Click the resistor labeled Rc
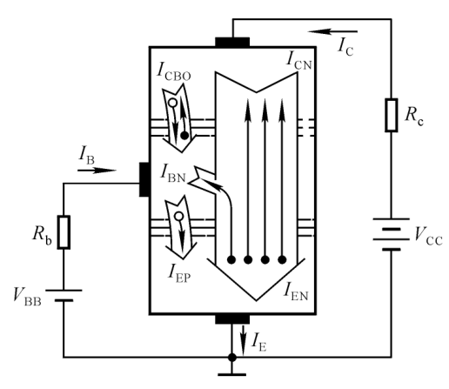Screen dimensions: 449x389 pyautogui.click(x=392, y=115)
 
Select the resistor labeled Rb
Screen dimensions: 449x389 pyautogui.click(x=64, y=232)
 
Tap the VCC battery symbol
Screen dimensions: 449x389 pyautogui.click(x=392, y=234)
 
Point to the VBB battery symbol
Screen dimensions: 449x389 pyautogui.click(x=64, y=295)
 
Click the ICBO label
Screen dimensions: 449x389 pyautogui.click(x=173, y=71)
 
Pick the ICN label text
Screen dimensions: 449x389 pyautogui.click(x=299, y=60)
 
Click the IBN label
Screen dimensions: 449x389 pyautogui.click(x=173, y=173)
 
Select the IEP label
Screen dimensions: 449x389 pyautogui.click(x=179, y=273)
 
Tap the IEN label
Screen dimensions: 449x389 pyautogui.click(x=296, y=291)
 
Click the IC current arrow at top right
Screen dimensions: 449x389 pyautogui.click(x=332, y=31)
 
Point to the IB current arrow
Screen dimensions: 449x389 pyautogui.click(x=97, y=171)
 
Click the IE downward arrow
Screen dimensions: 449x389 pyautogui.click(x=243, y=340)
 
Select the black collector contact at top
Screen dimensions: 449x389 pyautogui.click(x=232, y=42)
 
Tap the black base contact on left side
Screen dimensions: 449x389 pyautogui.click(x=144, y=179)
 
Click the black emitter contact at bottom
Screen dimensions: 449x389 pyautogui.click(x=232, y=319)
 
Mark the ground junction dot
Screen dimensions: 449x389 pyautogui.click(x=232, y=358)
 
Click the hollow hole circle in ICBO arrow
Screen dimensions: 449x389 pyautogui.click(x=172, y=103)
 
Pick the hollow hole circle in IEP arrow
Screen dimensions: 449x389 pyautogui.click(x=179, y=216)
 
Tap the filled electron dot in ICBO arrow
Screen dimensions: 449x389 pyautogui.click(x=184, y=136)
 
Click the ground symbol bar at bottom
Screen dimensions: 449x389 pyautogui.click(x=232, y=375)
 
